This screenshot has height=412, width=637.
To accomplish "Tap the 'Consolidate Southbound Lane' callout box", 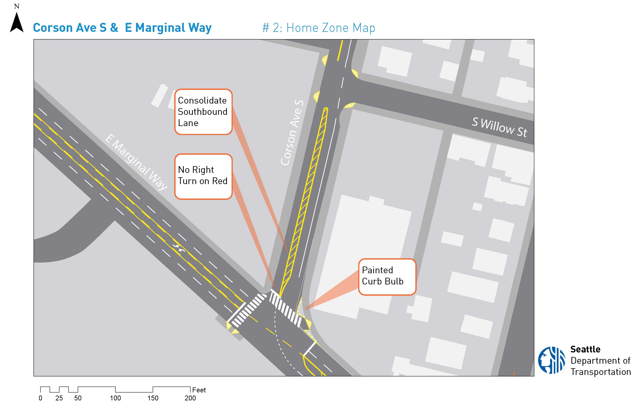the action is point(203,112).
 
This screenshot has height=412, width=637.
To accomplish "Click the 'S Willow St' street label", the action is point(499,127).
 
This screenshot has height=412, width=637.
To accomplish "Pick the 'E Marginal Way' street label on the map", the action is point(136,162).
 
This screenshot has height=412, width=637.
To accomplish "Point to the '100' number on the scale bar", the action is point(115,398).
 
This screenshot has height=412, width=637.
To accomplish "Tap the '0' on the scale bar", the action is point(40,398).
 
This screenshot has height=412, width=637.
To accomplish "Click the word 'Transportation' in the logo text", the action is point(601,372).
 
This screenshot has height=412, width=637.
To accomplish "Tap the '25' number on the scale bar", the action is point(59,398).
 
